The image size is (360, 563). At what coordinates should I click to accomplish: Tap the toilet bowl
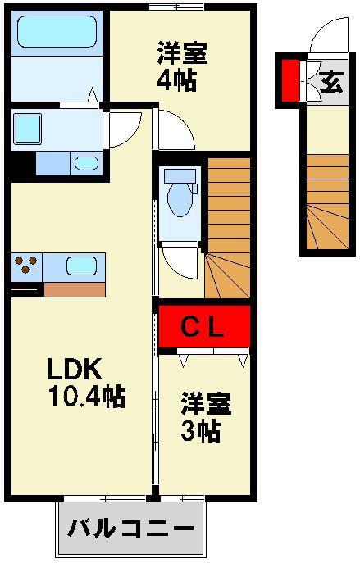pyautogui.click(x=180, y=199)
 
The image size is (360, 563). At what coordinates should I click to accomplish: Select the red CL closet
pyautogui.click(x=204, y=326)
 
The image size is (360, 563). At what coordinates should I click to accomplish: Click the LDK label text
pyautogui.click(x=75, y=369)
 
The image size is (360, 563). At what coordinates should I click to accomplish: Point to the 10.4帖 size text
pyautogui.click(x=87, y=396)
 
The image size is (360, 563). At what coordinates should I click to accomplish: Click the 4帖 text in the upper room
pyautogui.click(x=177, y=80)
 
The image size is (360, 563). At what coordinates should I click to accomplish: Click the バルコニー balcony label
pyautogui.click(x=131, y=529)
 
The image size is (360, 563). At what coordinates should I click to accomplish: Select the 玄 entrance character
pyautogui.click(x=331, y=82)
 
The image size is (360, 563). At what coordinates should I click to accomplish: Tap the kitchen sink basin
pyautogui.click(x=81, y=266)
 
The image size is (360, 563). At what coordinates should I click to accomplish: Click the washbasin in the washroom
pyautogui.click(x=86, y=164)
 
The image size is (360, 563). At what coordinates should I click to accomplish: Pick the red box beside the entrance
pyautogui.click(x=290, y=80)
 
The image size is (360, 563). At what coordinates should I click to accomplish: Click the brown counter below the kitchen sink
pyautogui.click(x=75, y=289)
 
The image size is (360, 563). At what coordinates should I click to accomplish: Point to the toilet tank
pyautogui.click(x=180, y=175)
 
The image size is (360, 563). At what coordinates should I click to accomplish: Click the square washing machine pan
pyautogui.click(x=27, y=129)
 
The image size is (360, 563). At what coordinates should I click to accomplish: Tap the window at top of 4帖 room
pyautogui.click(x=177, y=7)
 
